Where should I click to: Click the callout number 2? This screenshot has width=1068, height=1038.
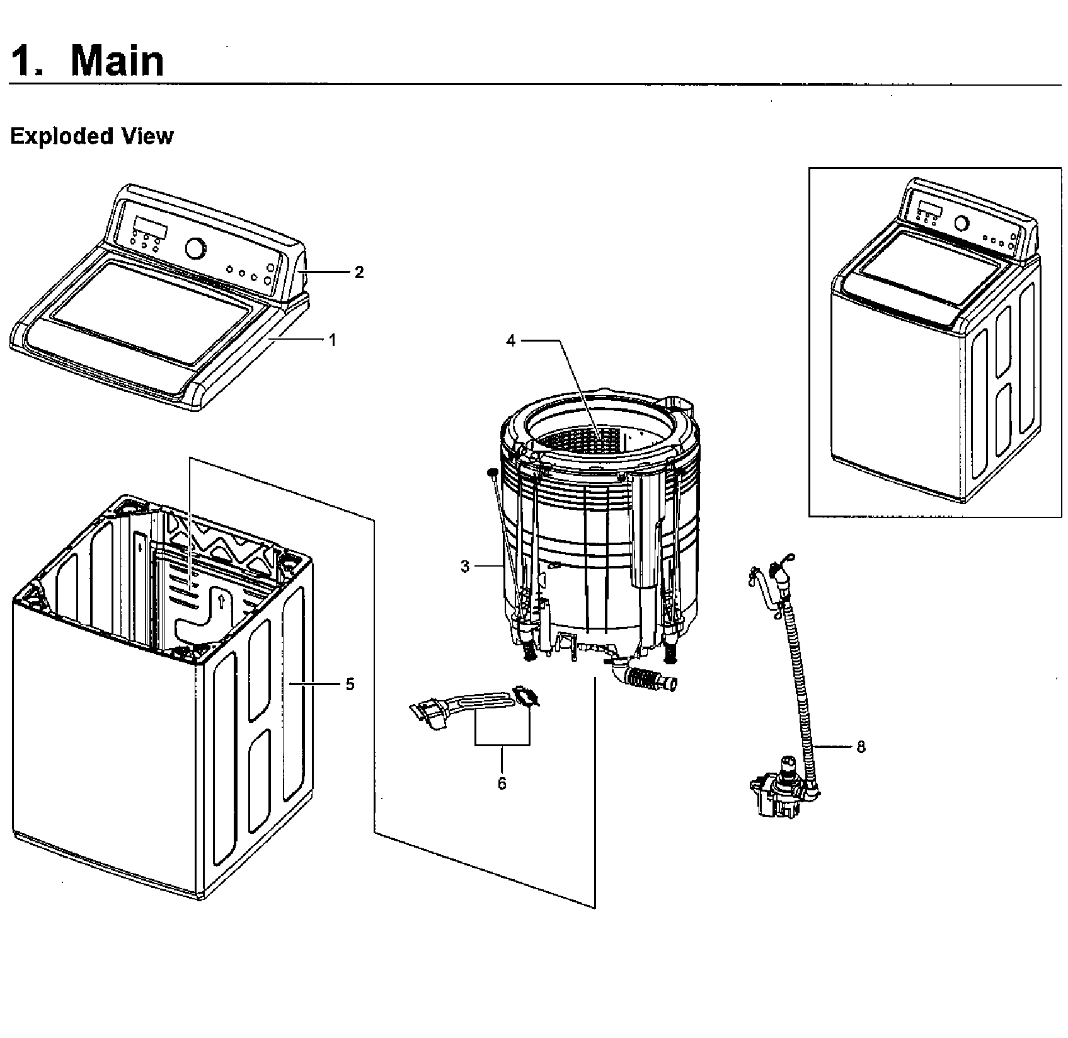coord(359,272)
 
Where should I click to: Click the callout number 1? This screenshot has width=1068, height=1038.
coord(332,340)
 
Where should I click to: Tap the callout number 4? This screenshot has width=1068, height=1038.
coord(510,341)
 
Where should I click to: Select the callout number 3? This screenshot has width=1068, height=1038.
coord(465,567)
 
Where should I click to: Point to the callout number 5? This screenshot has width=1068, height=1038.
coord(350,684)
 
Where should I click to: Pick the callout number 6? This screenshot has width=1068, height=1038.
coord(502,783)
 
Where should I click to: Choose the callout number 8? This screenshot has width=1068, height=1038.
coord(861,747)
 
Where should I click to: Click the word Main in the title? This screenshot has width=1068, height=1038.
coord(117,61)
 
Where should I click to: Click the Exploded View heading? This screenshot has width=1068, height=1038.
coord(92,136)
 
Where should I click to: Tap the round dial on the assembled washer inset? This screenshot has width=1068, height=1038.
coord(962,222)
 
